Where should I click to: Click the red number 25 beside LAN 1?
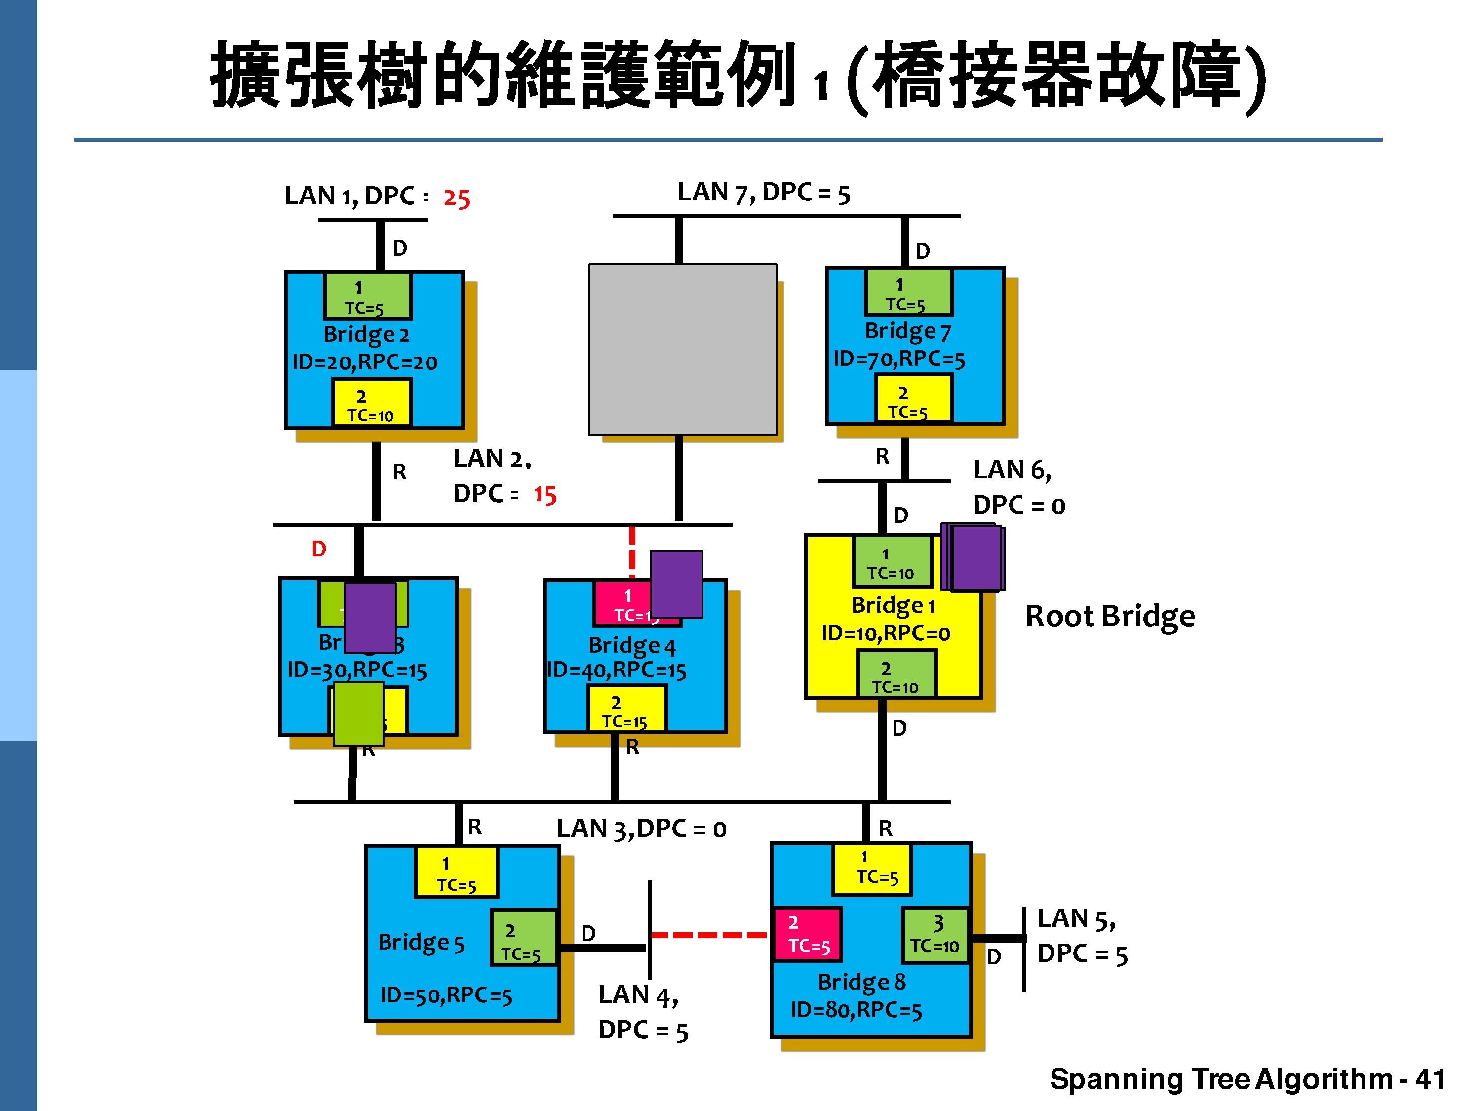coord(457,198)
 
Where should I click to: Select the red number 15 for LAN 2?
coord(545,495)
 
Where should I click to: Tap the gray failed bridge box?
coord(682,349)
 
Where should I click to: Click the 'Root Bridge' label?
coord(1109,616)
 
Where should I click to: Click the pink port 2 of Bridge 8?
coord(808,934)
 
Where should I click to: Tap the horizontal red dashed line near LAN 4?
coord(709,935)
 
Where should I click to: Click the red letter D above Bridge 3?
coord(319,549)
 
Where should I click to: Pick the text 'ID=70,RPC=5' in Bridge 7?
coord(898,359)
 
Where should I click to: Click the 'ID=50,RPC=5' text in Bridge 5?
coord(446,995)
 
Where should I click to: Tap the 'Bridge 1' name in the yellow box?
coord(893,605)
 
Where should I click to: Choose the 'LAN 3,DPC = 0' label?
coord(641,829)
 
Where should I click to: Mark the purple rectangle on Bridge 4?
coord(676,584)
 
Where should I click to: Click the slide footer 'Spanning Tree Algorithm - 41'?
coord(1247,1079)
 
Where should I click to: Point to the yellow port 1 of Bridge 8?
coord(872,869)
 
